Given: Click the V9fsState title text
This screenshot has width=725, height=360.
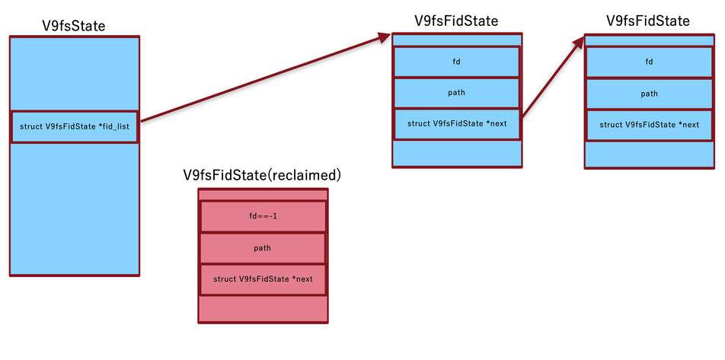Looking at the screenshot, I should (74, 26).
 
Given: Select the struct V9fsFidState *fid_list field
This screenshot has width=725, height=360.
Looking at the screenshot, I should (74, 126).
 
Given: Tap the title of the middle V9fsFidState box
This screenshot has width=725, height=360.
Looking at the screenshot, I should (456, 21).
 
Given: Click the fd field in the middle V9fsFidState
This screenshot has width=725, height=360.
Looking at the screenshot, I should (456, 62).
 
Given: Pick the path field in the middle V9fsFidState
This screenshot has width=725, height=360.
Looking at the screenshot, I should (456, 93).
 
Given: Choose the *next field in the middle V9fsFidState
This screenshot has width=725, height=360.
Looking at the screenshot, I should (456, 123).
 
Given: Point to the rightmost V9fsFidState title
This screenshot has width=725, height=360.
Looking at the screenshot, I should (648, 21).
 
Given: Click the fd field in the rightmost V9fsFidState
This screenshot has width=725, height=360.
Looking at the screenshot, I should (649, 62).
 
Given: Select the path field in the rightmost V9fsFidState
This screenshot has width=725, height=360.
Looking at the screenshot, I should (649, 94).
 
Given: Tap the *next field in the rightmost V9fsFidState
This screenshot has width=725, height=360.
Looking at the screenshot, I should (649, 124).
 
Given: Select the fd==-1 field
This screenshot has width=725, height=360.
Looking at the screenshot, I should (263, 216).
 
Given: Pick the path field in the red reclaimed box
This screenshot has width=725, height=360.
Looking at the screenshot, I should (263, 248).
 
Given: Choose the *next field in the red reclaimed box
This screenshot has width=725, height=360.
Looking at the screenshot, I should (263, 279).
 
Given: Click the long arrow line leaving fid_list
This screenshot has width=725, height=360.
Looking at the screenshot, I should (259, 79).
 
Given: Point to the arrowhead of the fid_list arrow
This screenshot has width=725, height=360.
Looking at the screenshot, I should (384, 38).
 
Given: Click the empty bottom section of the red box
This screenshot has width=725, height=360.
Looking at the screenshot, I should (263, 308).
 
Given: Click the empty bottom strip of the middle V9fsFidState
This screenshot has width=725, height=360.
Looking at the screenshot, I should (456, 153).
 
